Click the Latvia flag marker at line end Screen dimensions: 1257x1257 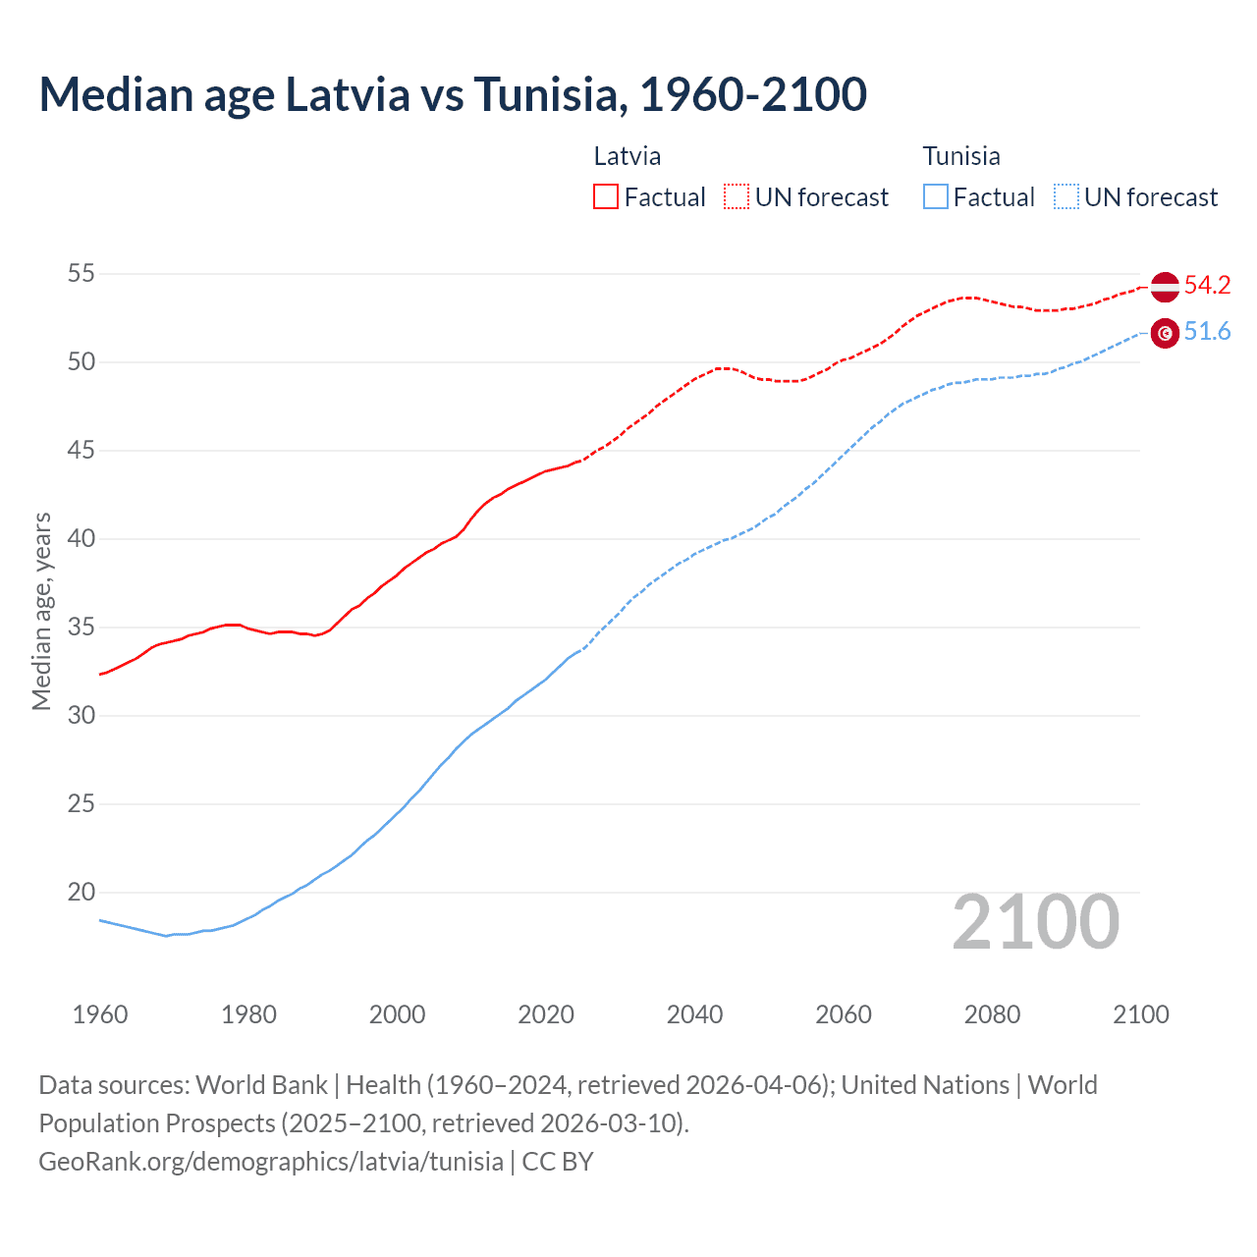[1165, 287]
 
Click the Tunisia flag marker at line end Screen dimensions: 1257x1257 [1165, 334]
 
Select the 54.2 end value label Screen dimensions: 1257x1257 [1207, 286]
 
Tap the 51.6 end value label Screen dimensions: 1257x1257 [1207, 332]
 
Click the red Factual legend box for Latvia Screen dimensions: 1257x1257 [606, 197]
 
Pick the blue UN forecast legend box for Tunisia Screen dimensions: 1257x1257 [1066, 197]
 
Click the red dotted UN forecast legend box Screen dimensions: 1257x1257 [737, 197]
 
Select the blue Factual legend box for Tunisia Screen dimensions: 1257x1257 [936, 197]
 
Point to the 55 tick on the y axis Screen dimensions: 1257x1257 [82, 274]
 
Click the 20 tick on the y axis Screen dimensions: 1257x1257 [82, 893]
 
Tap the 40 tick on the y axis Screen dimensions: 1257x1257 [82, 539]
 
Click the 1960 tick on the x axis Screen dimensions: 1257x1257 [100, 1014]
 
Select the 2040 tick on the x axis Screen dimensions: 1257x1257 [694, 1014]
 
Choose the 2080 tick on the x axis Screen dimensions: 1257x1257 [992, 1014]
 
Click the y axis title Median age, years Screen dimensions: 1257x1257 [41, 611]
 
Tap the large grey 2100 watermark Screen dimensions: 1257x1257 [1035, 922]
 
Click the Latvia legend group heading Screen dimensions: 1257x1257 [628, 156]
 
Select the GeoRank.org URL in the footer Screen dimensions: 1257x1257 [271, 1162]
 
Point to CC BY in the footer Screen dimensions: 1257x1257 [558, 1162]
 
